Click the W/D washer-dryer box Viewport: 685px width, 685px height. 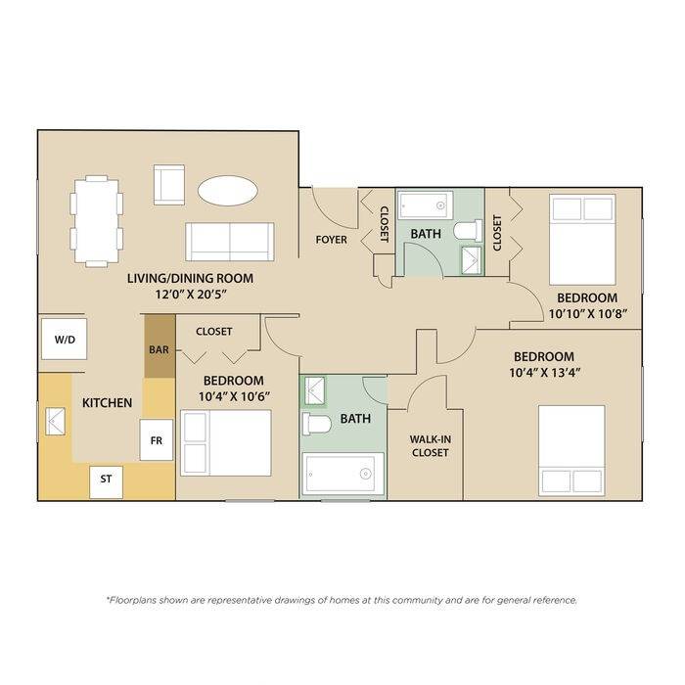pyautogui.click(x=65, y=339)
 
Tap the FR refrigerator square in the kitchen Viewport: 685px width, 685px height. pyautogui.click(x=157, y=440)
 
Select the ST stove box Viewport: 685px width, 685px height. pyautogui.click(x=106, y=481)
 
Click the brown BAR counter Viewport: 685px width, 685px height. pyautogui.click(x=160, y=346)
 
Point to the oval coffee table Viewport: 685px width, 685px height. pyautogui.click(x=227, y=191)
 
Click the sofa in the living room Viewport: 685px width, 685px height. pyautogui.click(x=230, y=242)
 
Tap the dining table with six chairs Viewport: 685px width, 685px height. pyautogui.click(x=97, y=221)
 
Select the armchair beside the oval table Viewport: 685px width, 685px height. pyautogui.click(x=169, y=185)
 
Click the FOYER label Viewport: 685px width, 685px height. pyautogui.click(x=332, y=240)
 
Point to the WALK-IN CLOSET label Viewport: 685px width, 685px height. pyautogui.click(x=431, y=446)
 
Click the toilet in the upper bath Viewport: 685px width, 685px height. pyautogui.click(x=468, y=231)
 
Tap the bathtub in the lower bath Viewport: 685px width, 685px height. pyautogui.click(x=343, y=474)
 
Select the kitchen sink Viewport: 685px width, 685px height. pyautogui.click(x=56, y=422)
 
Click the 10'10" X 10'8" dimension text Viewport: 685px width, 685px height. pyautogui.click(x=588, y=314)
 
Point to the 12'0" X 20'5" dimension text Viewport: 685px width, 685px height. pyautogui.click(x=191, y=295)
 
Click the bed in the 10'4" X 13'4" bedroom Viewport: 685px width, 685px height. pyautogui.click(x=571, y=450)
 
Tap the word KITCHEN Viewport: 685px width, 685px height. pyautogui.click(x=107, y=403)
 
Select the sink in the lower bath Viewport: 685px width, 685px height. pyautogui.click(x=314, y=390)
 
